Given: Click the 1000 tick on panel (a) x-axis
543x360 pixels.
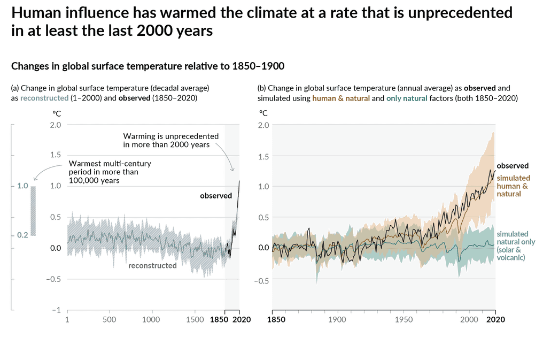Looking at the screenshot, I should (151, 319).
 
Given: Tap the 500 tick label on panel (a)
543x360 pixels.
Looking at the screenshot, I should (109, 319).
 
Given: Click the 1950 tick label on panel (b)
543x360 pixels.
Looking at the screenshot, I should (403, 319).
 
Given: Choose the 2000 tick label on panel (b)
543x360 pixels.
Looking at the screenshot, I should (469, 319).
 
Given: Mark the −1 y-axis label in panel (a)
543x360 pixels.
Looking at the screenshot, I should (56, 310).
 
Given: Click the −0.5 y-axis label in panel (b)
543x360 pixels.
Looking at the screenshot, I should (261, 279).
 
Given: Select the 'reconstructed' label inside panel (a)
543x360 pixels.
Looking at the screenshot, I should (152, 265).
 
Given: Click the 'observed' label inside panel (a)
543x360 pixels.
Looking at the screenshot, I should (216, 196).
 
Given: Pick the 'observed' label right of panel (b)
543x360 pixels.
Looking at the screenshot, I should (513, 166).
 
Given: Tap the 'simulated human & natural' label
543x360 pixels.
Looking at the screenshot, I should (513, 186).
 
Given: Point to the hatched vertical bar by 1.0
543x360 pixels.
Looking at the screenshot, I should (33, 211).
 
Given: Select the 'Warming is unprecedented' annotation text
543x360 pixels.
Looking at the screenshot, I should (166, 140).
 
